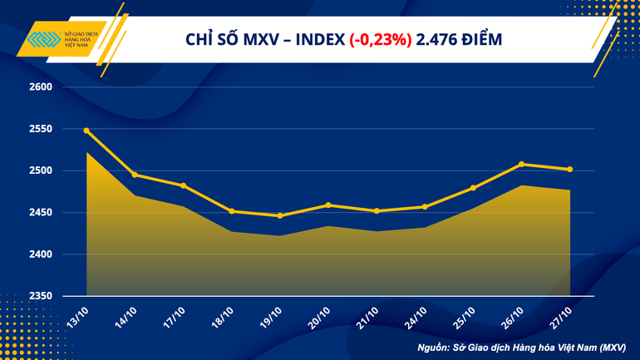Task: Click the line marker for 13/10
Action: click(x=86, y=131)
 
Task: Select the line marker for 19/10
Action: click(x=279, y=216)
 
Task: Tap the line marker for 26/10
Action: click(x=521, y=164)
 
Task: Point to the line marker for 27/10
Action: click(x=569, y=170)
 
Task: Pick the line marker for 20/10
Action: click(x=328, y=205)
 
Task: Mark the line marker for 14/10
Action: click(x=135, y=175)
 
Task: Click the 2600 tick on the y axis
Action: click(x=41, y=87)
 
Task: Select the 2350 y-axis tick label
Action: click(x=41, y=296)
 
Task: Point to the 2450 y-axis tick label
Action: click(x=41, y=213)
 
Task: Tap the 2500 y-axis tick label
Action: click(x=41, y=171)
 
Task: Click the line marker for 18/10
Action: click(x=231, y=211)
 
